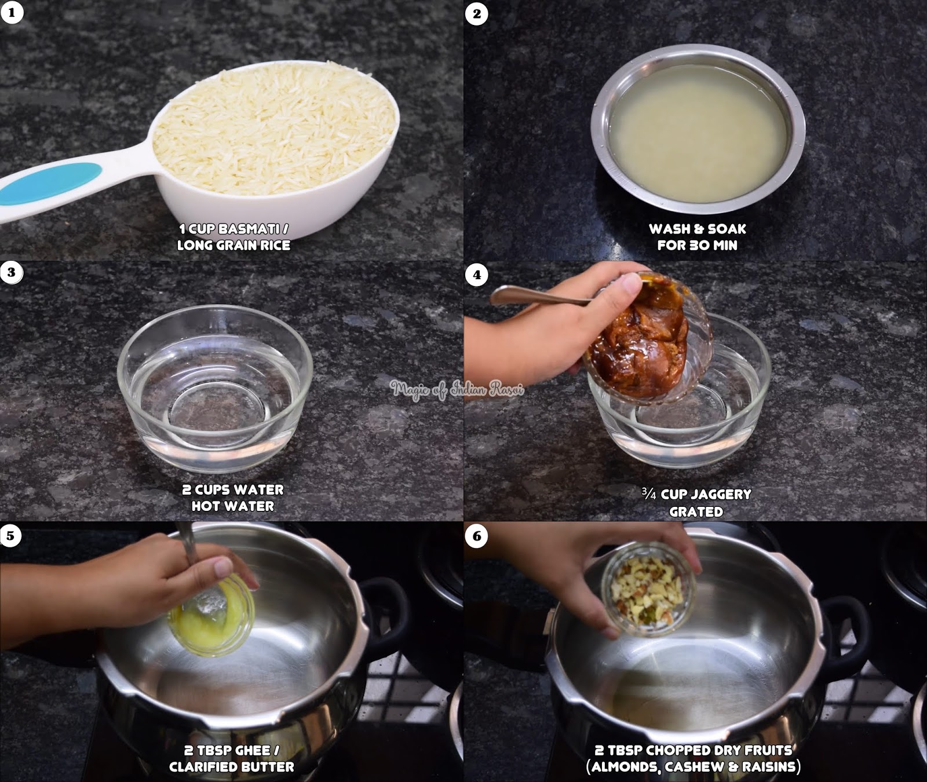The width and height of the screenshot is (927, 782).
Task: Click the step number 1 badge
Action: click(12, 12)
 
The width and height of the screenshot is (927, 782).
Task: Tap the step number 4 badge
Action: click(477, 275)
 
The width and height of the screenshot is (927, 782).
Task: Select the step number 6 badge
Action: click(477, 536)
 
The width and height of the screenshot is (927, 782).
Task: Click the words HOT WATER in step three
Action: click(233, 506)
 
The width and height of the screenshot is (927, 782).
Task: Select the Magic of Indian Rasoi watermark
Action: click(457, 389)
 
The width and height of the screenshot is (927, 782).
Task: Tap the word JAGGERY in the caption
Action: click(721, 495)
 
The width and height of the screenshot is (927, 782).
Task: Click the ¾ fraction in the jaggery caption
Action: click(649, 494)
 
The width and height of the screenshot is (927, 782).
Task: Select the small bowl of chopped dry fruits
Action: click(648, 591)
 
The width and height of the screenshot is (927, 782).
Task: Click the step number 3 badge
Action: click(12, 272)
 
